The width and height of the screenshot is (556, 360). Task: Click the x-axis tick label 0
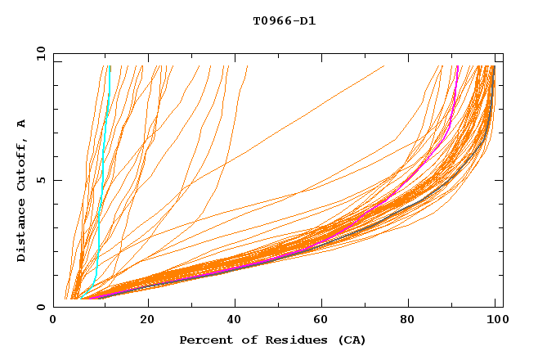tap(54, 322)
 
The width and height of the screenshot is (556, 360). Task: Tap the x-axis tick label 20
tap(147, 322)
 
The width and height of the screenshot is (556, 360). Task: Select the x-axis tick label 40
tap(235, 322)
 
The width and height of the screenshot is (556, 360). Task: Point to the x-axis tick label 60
tap(323, 322)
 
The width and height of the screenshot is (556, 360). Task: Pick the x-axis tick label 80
tap(411, 322)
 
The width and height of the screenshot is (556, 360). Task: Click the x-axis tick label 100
tap(496, 322)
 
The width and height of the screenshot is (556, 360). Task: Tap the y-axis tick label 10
tap(38, 54)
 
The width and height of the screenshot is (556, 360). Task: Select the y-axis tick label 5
tap(42, 180)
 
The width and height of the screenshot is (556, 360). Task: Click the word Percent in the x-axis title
tap(204, 340)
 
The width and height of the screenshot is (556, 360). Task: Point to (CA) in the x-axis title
tap(352, 340)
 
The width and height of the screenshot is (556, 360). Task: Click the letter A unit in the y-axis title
tap(22, 123)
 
